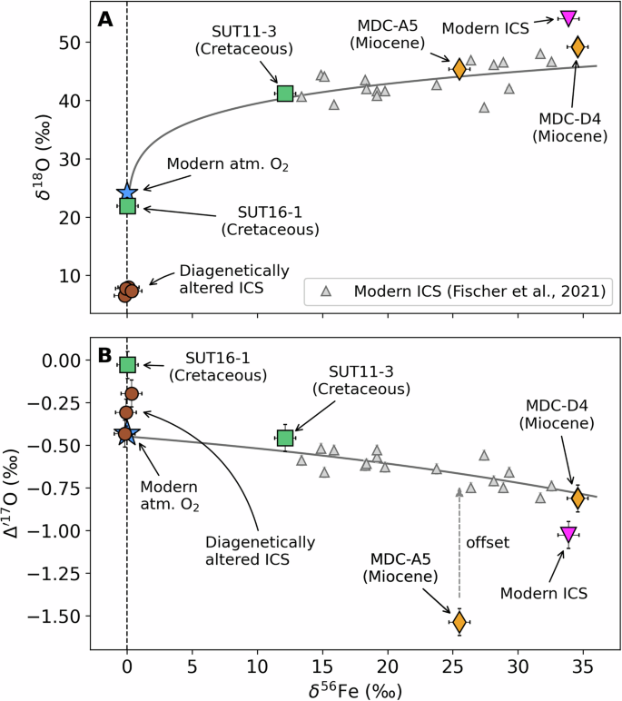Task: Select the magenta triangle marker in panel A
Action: point(568,17)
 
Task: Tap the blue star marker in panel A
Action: point(127,192)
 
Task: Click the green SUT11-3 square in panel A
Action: point(284,93)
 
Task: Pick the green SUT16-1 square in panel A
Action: point(127,206)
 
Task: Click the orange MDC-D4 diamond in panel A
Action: point(578,46)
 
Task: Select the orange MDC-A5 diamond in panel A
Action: point(459,68)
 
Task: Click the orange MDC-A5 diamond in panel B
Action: point(459,622)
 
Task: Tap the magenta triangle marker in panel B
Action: point(568,535)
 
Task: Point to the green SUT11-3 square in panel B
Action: point(285,438)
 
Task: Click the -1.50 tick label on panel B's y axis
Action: point(59,616)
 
